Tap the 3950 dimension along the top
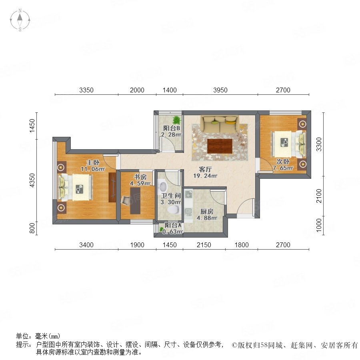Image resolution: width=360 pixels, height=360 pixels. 220,90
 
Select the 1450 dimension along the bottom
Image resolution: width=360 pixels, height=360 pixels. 170,245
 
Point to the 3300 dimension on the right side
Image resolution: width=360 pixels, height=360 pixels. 319,144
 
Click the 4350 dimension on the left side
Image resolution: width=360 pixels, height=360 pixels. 32,180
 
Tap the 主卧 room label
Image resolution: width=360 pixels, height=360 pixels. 93,162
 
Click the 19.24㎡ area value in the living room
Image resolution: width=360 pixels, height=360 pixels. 205,176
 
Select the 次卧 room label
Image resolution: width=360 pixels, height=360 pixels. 283,162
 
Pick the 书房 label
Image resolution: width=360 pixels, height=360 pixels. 140,177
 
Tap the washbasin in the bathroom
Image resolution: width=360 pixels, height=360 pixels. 162,186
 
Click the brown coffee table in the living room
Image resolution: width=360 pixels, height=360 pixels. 220,146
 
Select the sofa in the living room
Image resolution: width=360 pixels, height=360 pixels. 220,124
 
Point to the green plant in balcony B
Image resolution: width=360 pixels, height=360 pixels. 176,120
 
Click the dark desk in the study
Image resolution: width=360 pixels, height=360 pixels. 135,201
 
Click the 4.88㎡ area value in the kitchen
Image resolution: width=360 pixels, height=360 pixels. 207,218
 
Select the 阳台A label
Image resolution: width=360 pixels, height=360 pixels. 173,226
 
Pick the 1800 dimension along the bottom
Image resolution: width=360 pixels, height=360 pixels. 242,245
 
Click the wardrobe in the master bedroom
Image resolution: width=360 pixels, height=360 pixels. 112,187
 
